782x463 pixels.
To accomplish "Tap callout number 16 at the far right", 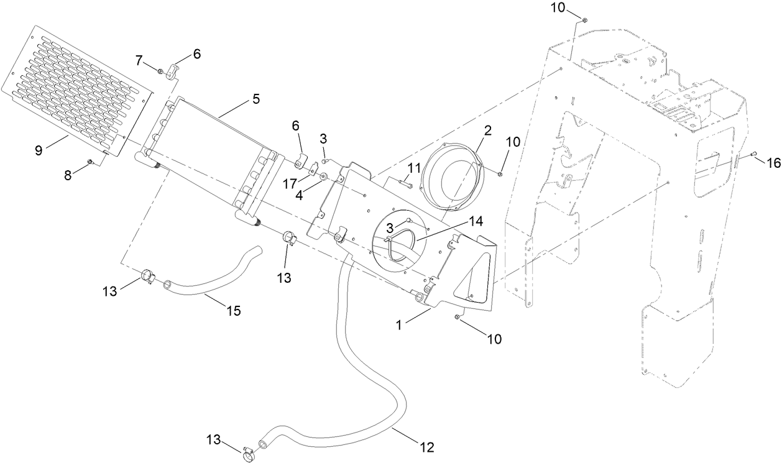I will pyautogui.click(x=773, y=163).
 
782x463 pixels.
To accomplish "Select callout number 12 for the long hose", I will pyautogui.click(x=426, y=446).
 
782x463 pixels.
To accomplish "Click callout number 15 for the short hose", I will pyautogui.click(x=233, y=311).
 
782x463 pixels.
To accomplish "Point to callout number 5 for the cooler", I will pyautogui.click(x=255, y=98).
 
